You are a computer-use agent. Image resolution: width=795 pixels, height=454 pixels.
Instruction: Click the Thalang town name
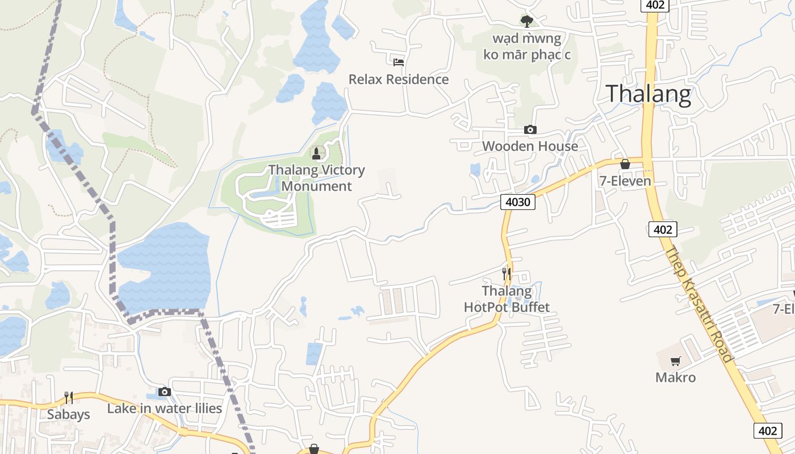[x=649, y=94]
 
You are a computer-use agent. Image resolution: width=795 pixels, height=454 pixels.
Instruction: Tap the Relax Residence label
[x=399, y=79]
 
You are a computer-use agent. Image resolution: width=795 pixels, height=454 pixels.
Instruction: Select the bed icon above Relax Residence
[x=399, y=62]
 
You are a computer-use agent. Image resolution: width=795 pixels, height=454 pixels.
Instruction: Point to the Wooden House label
[x=530, y=146]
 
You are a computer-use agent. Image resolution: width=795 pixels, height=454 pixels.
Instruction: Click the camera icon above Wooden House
[x=530, y=130]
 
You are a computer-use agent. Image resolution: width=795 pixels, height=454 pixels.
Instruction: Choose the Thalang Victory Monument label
[x=316, y=178]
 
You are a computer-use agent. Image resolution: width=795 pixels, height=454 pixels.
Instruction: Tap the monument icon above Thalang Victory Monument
[x=316, y=153]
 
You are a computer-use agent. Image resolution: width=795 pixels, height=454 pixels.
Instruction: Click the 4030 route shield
[x=518, y=201]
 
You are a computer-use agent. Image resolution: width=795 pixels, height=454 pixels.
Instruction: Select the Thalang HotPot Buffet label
[x=507, y=299]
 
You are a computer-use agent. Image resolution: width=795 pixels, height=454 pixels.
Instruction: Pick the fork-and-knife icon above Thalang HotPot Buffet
[x=507, y=274]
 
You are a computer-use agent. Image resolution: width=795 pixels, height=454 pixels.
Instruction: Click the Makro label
[x=675, y=377]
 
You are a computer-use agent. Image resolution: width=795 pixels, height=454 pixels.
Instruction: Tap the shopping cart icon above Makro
[x=675, y=361]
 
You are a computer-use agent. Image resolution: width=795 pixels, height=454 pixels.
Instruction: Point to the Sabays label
[x=68, y=414]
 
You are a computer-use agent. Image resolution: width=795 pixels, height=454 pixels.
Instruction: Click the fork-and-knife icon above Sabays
[x=68, y=397]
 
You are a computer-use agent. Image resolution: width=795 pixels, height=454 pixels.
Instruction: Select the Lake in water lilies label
[x=165, y=408]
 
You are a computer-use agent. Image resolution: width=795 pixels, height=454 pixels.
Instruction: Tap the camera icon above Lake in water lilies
[x=165, y=392]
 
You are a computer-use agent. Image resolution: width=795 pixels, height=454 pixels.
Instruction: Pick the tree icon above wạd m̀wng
[x=527, y=22]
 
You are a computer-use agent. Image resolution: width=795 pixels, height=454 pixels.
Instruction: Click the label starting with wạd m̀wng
[x=527, y=47]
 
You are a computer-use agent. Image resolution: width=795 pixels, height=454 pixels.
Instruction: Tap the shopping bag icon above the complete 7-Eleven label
[x=625, y=164]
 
